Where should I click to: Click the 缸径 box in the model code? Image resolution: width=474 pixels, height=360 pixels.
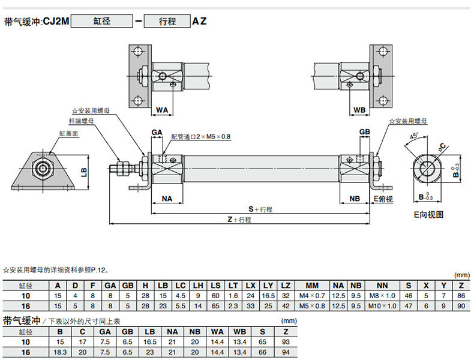pos(101,22)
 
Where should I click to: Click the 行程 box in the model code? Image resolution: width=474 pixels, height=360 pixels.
pos(167,22)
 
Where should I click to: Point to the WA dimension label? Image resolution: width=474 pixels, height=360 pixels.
pos(162,110)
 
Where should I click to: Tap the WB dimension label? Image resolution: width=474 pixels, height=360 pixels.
pos(359,110)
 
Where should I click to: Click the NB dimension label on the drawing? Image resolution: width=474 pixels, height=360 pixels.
pos(355,199)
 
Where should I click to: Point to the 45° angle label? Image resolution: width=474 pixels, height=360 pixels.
pos(413,137)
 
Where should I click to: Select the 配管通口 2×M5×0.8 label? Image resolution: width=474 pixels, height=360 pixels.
pos(200,137)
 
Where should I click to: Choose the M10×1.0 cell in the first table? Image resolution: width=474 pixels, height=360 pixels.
pos(382,305)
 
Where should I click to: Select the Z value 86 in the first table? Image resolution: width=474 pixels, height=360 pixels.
pos(461,296)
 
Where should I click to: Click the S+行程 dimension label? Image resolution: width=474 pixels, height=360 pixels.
pos(260,209)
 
